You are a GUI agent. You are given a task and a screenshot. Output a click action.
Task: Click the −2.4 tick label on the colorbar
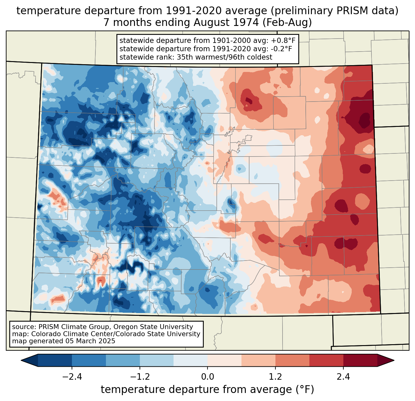click(72, 377)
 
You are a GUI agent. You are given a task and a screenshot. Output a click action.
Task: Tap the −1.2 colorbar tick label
click(140, 377)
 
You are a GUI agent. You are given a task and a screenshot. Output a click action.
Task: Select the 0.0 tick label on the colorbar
click(207, 377)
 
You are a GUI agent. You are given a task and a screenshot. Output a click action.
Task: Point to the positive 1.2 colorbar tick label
click(275, 377)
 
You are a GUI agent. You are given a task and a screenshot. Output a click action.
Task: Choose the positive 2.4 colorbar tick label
click(343, 377)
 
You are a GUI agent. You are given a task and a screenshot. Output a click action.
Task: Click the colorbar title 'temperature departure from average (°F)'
click(207, 390)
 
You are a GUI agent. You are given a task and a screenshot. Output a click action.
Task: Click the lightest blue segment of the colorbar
click(191, 360)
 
